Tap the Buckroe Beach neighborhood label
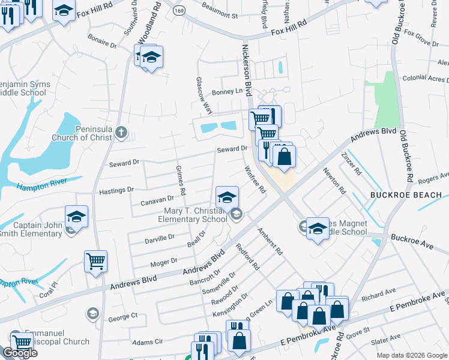pyautogui.click(x=405, y=195)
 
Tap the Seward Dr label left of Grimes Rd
pyautogui.click(x=124, y=162)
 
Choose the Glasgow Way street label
pyautogui.click(x=204, y=95)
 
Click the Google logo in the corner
pyautogui.click(x=20, y=353)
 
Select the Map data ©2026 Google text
pyautogui.click(x=411, y=355)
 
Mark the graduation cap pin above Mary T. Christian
pyautogui.click(x=227, y=197)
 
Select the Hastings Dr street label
pyautogui.click(x=116, y=190)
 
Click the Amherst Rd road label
pyautogui.click(x=270, y=241)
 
